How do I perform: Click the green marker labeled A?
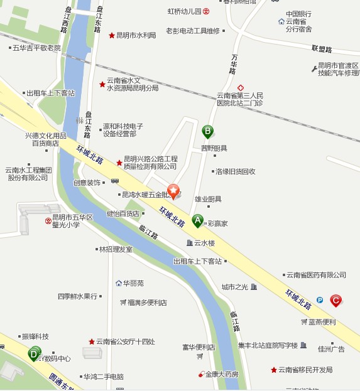pos(198,220)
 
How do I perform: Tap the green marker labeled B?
pos(207,131)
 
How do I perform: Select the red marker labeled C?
pos(336,301)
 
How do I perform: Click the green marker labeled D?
pos(33,354)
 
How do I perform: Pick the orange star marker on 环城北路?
pos(174,191)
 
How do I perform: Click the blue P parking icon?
pos(320,300)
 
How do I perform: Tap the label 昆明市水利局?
pos(136,36)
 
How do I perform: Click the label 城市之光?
pos(235,287)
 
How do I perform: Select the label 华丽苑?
pos(133,283)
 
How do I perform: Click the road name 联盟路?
pos(321,48)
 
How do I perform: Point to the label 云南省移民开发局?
pos(305,370)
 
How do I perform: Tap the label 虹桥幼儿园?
pos(184,11)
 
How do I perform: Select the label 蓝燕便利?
pos(322,322)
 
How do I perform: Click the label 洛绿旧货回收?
pos(236,171)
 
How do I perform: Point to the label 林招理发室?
pos(116,249)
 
